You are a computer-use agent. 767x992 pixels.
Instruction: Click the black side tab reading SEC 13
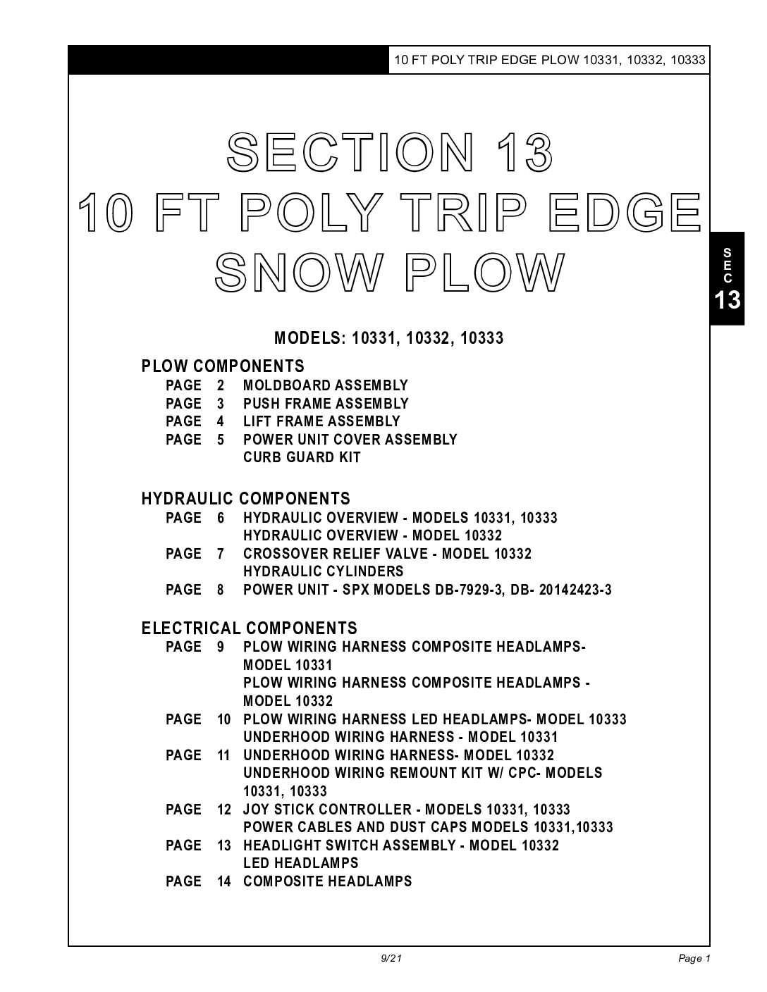coord(727,278)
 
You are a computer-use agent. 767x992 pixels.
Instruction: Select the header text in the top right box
coord(549,60)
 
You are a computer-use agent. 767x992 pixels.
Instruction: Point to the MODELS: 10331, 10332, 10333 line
coord(388,338)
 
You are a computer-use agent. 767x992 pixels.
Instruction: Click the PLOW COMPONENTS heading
coord(223,366)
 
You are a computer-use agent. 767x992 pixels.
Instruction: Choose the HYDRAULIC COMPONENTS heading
coord(245,499)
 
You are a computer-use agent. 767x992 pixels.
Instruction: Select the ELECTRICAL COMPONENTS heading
coord(249,628)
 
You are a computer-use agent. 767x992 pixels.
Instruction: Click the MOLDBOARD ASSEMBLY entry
coord(325,385)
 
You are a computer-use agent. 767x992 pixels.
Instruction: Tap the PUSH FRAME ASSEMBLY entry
coord(326,404)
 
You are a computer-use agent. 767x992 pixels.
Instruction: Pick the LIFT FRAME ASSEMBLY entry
coord(321,421)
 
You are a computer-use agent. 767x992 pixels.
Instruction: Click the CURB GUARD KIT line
coord(302,457)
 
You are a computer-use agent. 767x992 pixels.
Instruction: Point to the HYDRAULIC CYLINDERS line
coord(323,571)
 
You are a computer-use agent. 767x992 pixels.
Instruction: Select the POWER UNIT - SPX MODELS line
coord(427,590)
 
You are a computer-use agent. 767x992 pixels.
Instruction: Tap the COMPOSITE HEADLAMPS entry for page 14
coord(327,881)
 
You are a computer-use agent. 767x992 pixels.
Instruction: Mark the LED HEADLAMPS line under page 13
coord(300,863)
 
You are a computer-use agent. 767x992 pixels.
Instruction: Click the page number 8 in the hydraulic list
coord(221,590)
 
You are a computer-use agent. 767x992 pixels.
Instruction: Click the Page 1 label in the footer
coord(694,958)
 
